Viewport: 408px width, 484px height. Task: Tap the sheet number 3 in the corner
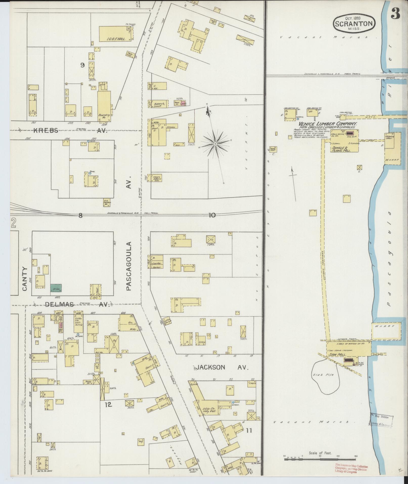coord(396,13)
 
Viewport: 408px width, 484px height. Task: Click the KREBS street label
coord(46,131)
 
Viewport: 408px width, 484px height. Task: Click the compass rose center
coord(215,144)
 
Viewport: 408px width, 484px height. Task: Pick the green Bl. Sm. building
coord(56,288)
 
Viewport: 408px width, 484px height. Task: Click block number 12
coord(108,405)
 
